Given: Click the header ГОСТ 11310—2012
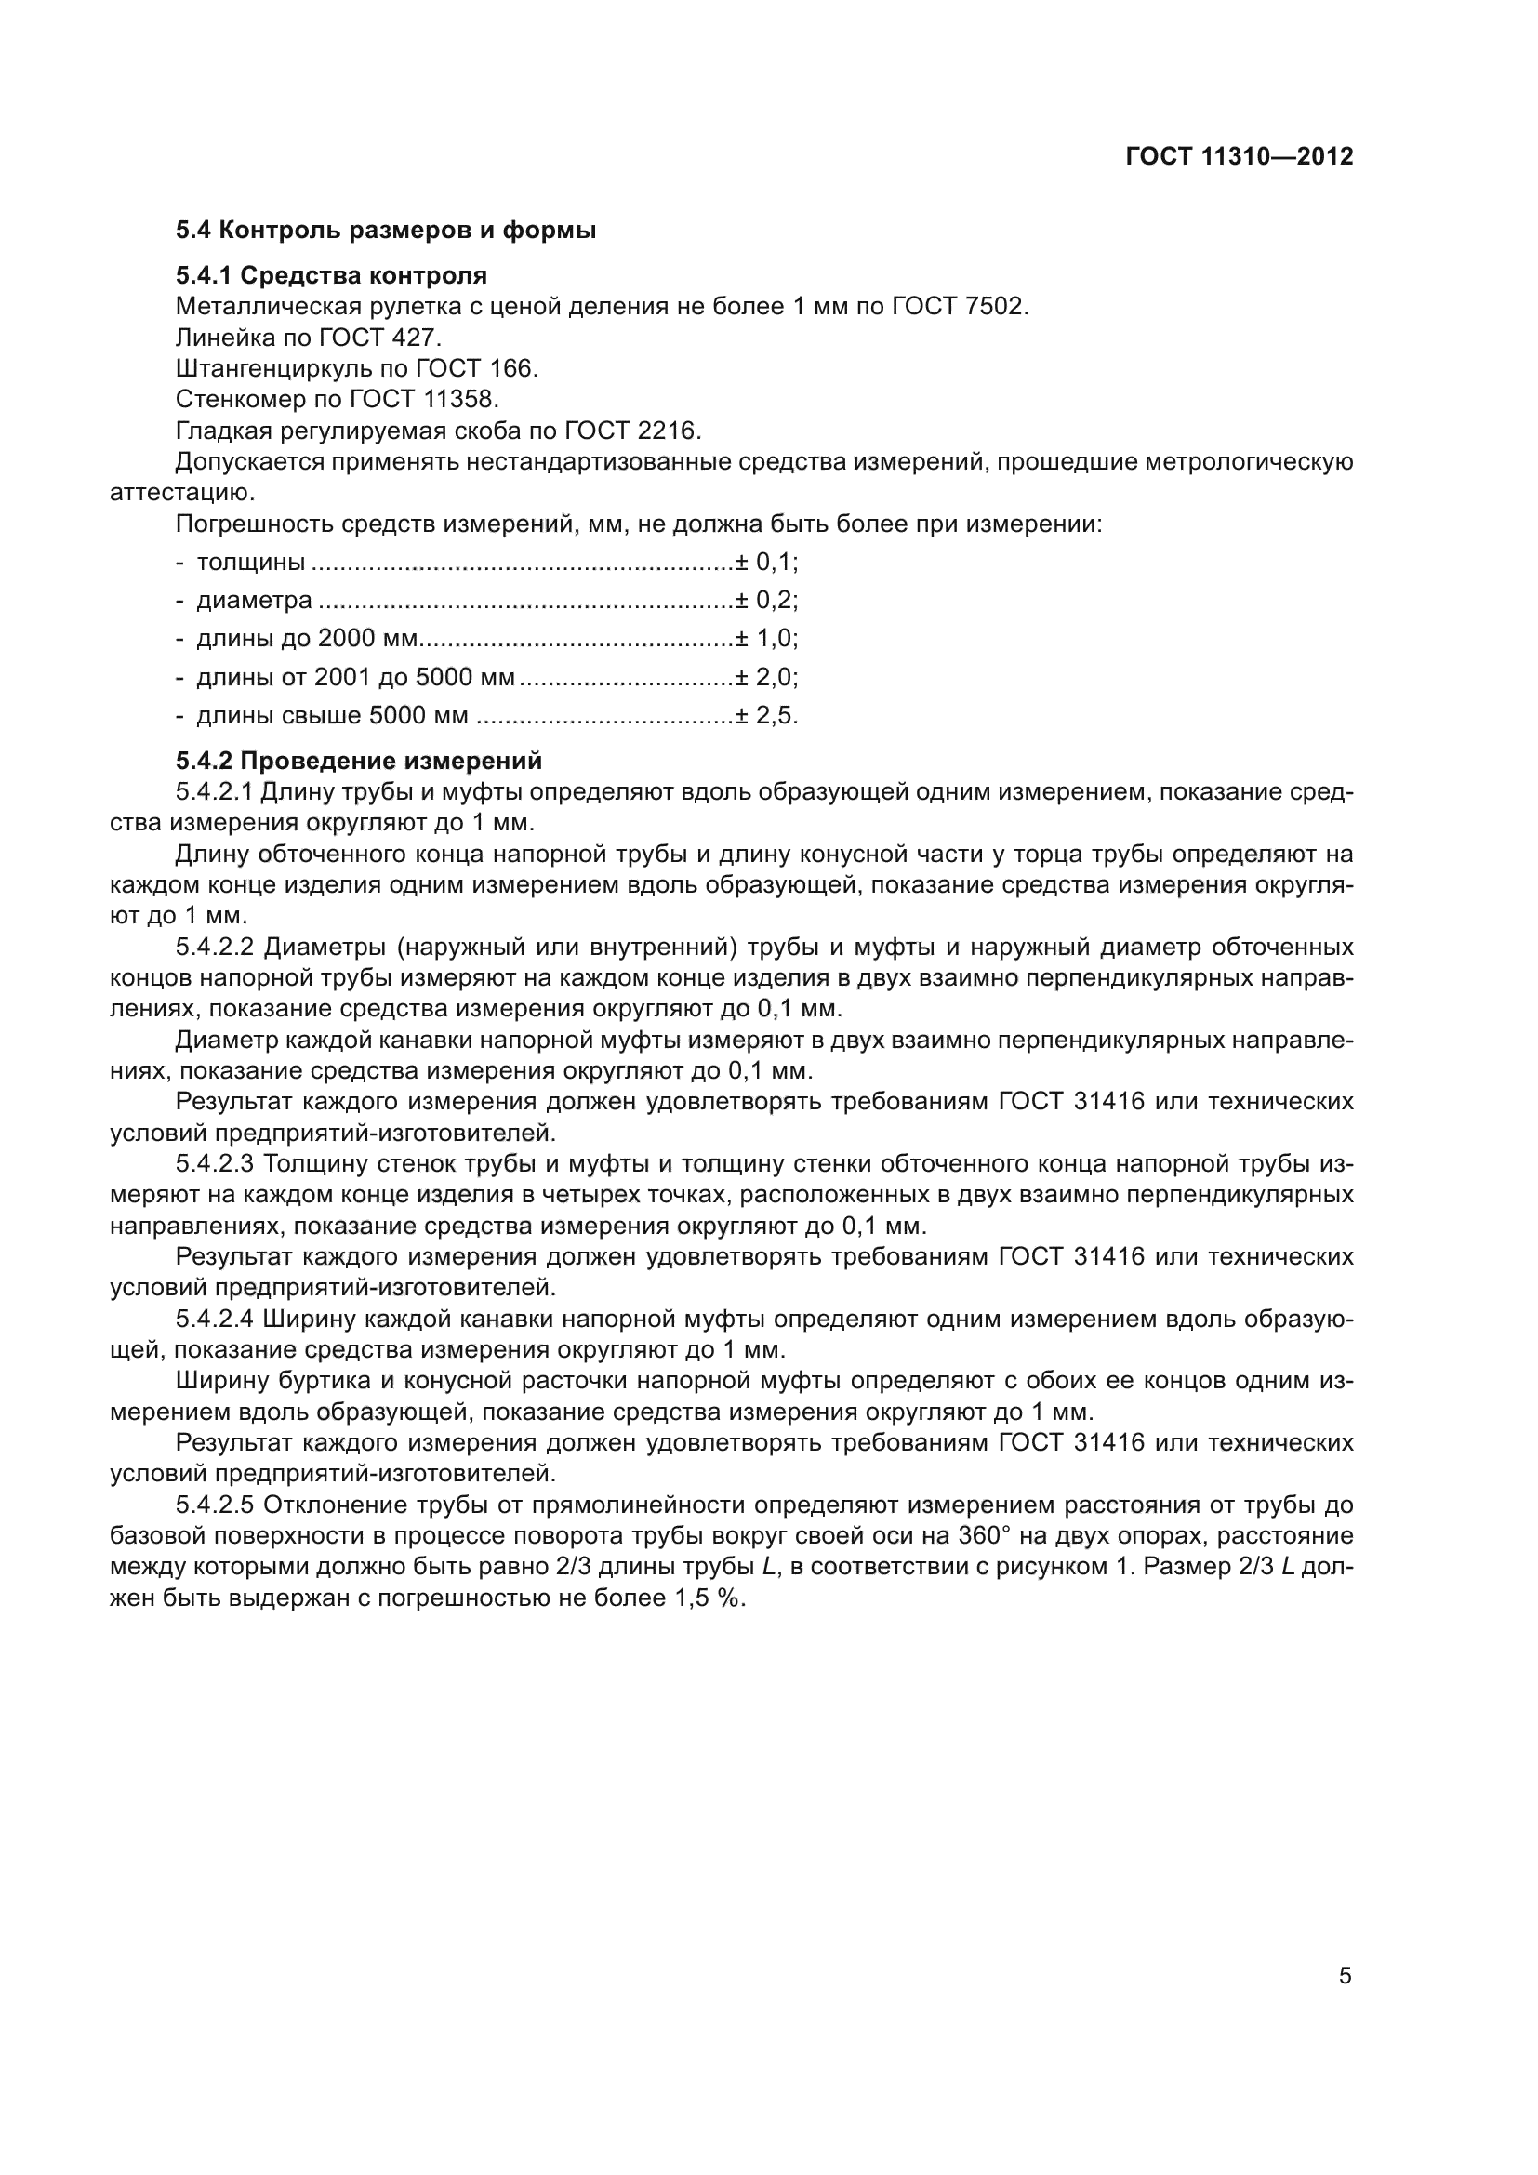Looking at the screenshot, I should click(1239, 156).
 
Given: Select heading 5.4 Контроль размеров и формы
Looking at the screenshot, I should click(386, 231).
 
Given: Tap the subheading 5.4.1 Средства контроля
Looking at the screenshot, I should click(330, 275).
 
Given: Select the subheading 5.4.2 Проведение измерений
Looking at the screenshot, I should click(359, 761).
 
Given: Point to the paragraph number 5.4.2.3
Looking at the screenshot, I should click(216, 1164).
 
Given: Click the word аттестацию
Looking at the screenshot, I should click(182, 494).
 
